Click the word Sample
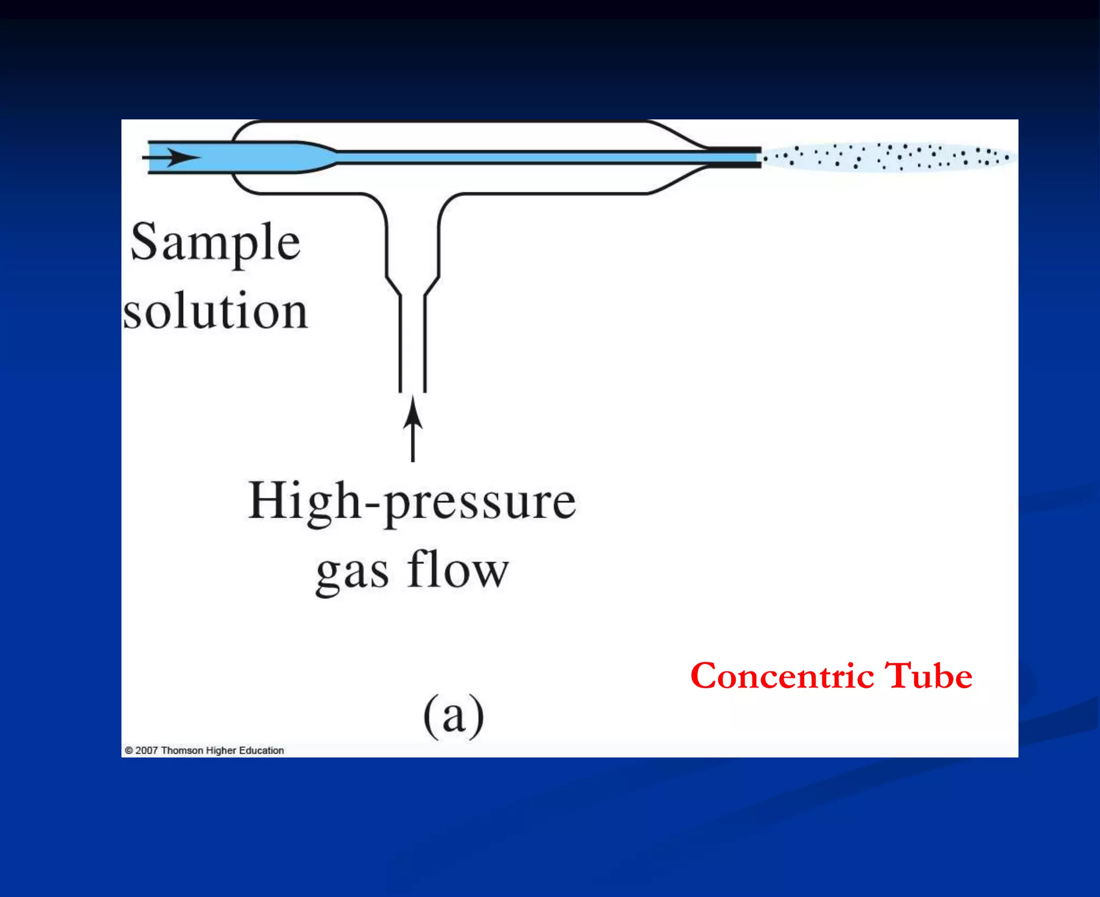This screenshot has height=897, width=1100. coord(215,243)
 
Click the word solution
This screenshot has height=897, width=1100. coord(215,312)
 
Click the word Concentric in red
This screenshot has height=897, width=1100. coord(782,676)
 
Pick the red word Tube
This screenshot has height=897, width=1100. coord(928,676)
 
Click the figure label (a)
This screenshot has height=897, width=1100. coord(454,716)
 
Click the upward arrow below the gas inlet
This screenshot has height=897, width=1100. coord(412,430)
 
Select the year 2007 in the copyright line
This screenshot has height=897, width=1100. coord(146,750)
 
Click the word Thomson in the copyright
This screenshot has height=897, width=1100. coord(182,750)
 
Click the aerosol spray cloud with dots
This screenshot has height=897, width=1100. coord(886,157)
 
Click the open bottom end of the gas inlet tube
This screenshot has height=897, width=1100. coord(412,389)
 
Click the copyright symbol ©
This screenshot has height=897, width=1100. coord(129,750)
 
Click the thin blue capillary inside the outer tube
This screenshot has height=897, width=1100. coord(510,157)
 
